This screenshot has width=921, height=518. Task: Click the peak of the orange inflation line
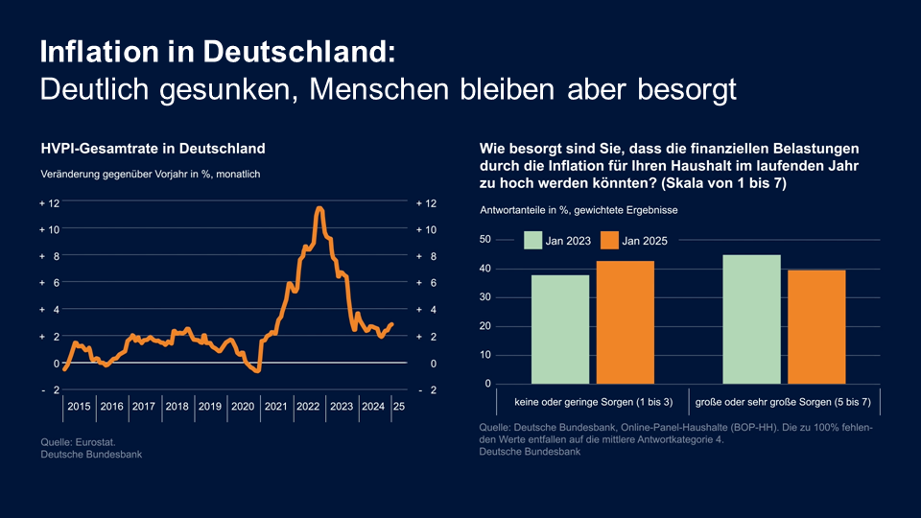319,208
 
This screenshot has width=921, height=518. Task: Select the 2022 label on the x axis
308,407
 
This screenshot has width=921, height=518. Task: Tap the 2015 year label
80,407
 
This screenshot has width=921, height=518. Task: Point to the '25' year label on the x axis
398,407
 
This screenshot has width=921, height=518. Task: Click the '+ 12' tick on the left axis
49,203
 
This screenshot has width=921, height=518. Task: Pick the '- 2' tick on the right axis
426,390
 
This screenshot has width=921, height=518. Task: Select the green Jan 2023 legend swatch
532,241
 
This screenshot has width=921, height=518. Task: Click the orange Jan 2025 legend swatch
608,241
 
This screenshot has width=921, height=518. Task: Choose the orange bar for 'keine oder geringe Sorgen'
626,322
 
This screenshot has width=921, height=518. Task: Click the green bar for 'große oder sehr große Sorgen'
751,318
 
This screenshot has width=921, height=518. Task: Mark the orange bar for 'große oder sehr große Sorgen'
816,326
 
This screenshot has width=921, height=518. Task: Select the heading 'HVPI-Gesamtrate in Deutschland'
153,149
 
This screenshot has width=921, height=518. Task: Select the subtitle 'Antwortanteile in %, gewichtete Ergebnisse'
581,209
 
